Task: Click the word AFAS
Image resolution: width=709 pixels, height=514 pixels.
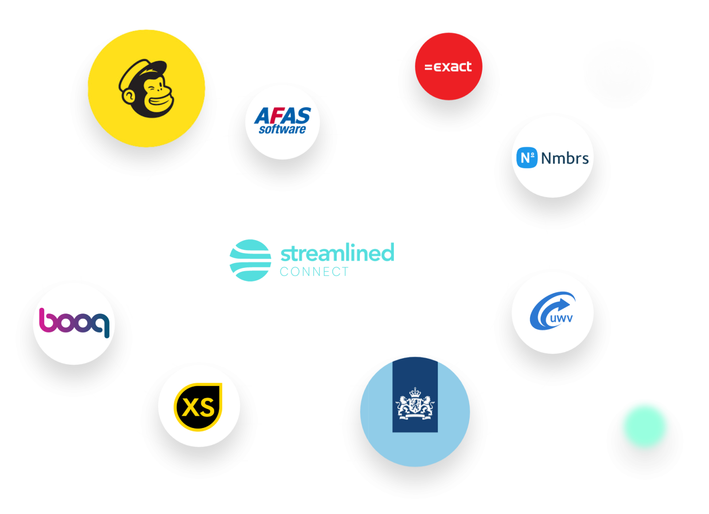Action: pos(283,116)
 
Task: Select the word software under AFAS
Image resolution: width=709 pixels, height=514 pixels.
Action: pos(282,129)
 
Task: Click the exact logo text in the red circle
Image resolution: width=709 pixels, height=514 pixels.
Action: pos(448,67)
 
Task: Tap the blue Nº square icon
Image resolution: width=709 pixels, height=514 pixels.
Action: pos(527,157)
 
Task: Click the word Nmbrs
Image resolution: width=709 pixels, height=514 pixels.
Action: pos(565,158)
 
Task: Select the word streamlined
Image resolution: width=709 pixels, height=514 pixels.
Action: pos(337,252)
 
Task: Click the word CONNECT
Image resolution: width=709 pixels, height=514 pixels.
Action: pos(314,272)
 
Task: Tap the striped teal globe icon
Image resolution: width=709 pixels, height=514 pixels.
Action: pos(250,260)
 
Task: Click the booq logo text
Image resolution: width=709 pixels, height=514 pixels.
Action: pos(74,322)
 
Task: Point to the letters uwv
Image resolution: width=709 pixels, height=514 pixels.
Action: pos(561,318)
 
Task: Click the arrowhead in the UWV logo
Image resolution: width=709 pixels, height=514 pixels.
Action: pos(565,304)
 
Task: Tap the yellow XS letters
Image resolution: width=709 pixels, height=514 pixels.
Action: pos(198,407)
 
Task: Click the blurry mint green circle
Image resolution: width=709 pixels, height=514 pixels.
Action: pos(645,426)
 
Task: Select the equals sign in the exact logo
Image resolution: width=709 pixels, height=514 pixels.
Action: pos(428,67)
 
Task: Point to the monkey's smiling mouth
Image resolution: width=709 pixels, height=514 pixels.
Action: pos(161,102)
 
